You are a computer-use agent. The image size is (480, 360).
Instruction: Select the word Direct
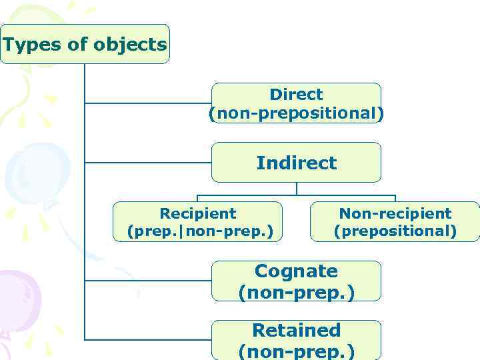pos(296,95)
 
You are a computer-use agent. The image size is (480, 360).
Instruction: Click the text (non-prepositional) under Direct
pos(296,113)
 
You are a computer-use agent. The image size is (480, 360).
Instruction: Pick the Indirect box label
pos(296,163)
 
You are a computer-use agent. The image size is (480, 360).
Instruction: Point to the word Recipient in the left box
pos(198,213)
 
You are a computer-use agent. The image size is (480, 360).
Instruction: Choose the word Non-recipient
pos(395,213)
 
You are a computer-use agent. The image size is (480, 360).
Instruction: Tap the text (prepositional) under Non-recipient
pos(395,231)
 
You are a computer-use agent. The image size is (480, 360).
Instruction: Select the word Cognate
pos(296,271)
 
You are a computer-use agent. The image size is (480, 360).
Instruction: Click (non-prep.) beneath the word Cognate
pos(296,291)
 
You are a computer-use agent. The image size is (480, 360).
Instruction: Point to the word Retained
pos(296,330)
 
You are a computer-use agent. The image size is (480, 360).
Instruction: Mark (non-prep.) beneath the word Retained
pos(296,350)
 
